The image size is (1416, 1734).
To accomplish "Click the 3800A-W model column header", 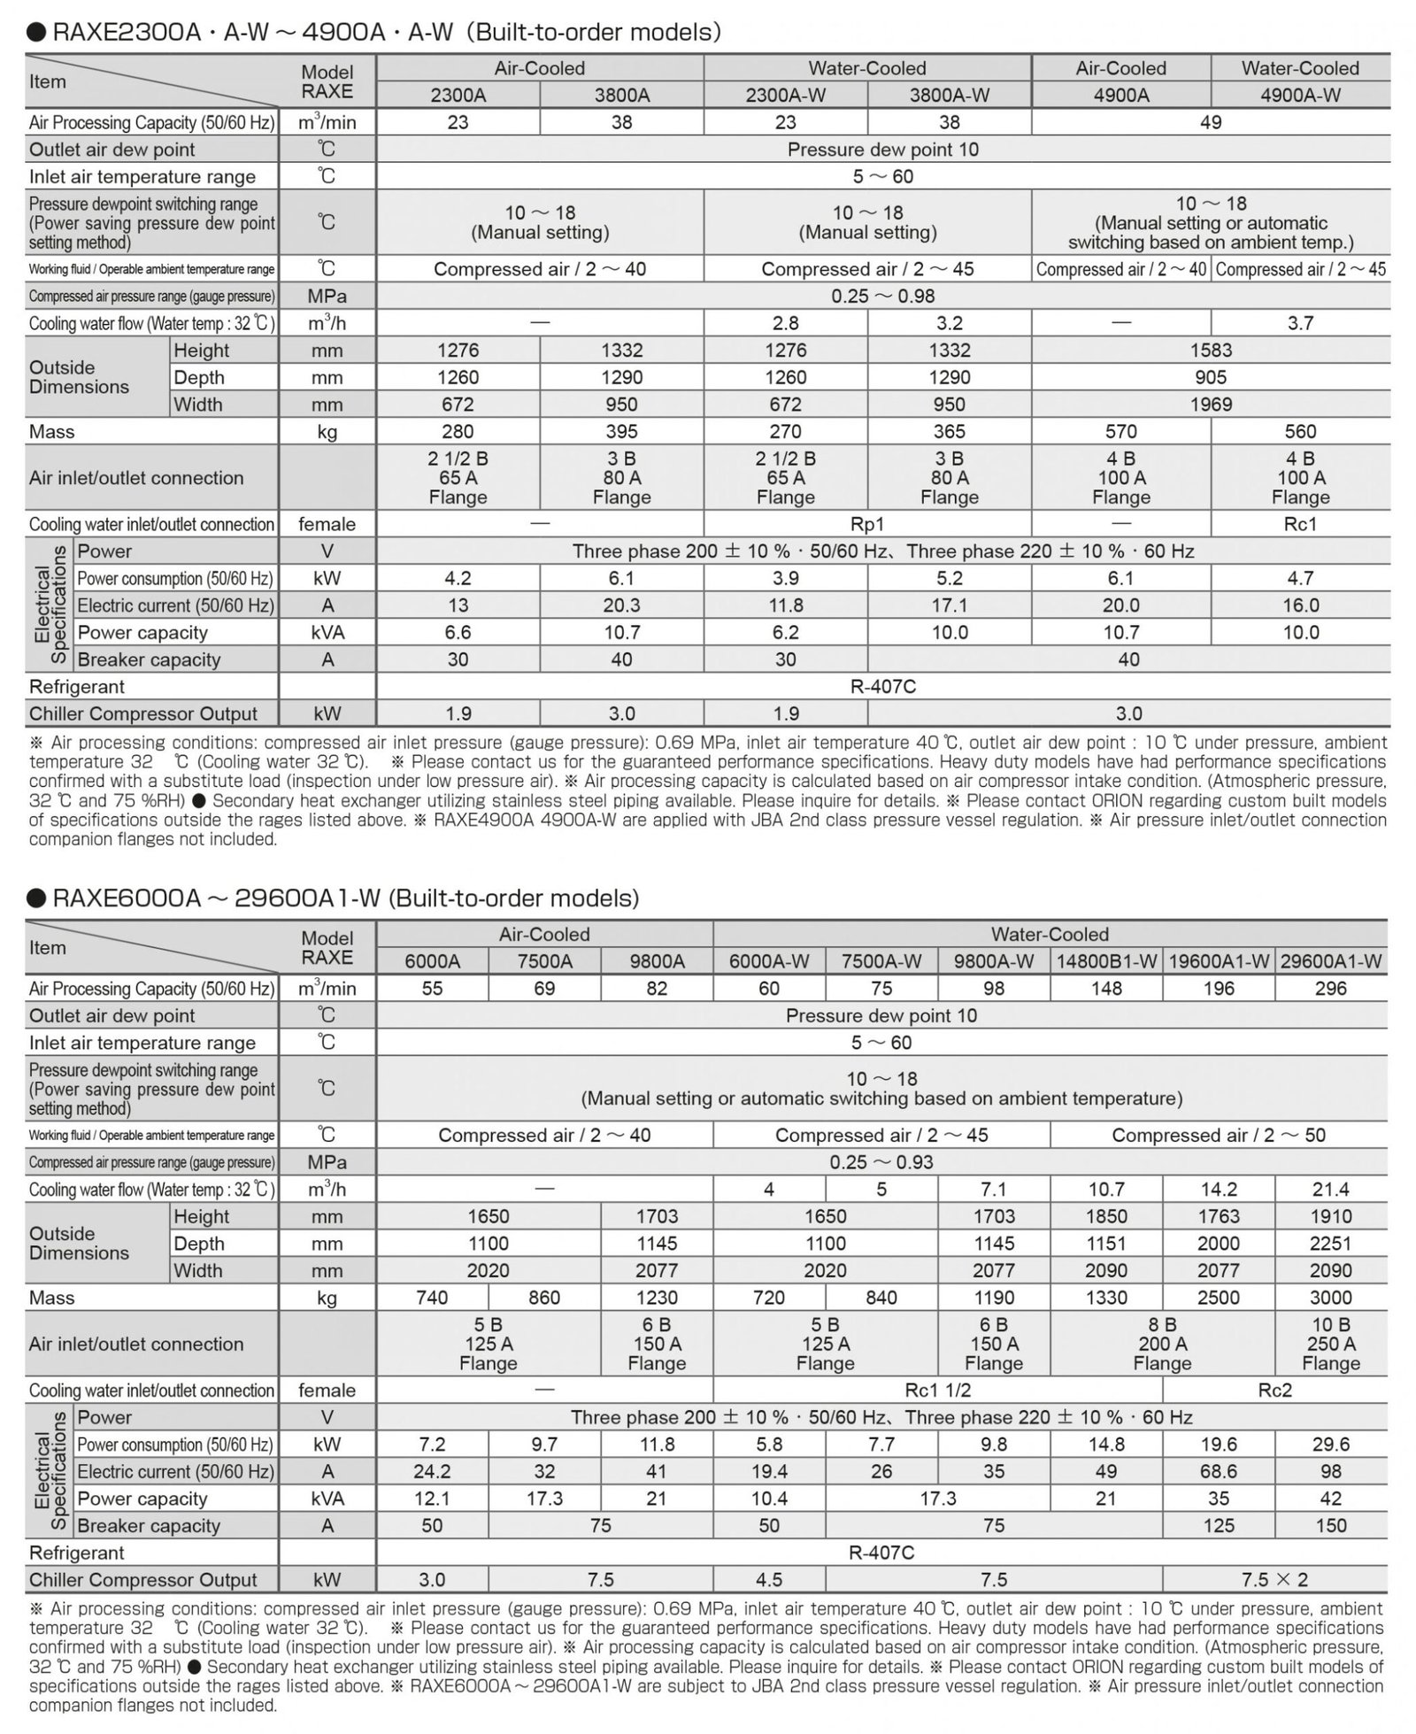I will pos(949,95).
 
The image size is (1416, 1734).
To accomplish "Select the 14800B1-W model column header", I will pos(1106,961).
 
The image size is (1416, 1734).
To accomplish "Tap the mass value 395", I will pos(621,431).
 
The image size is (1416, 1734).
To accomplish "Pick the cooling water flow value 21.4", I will pos(1330,1189).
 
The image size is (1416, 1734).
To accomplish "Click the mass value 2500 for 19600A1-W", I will pos(1219,1298).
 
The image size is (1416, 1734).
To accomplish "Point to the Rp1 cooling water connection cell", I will pos(867,524).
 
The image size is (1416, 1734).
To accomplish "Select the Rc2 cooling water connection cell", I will pos(1274,1390).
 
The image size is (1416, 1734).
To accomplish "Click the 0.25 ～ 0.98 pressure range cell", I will pos(882,296).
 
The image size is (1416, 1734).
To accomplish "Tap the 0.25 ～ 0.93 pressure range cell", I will pos(881,1161).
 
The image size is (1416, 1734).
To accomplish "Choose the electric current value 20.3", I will pos(621,605).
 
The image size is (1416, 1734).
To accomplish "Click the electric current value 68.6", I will pos(1219,1471).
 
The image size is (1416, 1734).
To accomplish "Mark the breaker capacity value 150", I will pos(1330,1525).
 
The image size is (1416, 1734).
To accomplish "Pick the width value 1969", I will pos(1211,405).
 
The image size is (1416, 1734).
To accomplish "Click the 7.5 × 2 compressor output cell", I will pos(1274,1580).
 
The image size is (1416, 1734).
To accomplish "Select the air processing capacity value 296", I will pos(1330,989).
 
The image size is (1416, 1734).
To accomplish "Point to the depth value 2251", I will pos(1330,1244).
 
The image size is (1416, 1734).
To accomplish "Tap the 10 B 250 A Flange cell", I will pos(1330,1344).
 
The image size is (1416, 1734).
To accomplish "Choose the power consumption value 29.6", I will pos(1330,1445).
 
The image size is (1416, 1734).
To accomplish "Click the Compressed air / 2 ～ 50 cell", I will pos(1219,1135).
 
